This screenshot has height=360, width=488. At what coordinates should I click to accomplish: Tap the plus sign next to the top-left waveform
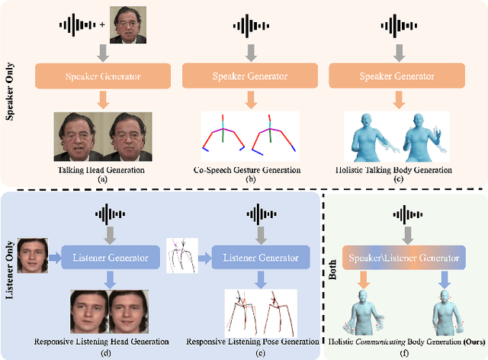coord(102,25)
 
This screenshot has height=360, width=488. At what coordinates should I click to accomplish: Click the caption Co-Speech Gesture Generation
coord(249,169)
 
